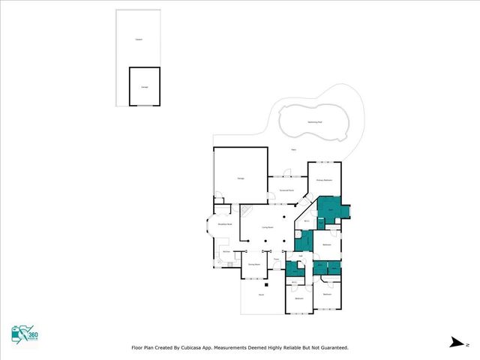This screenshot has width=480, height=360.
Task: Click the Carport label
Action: [x=139, y=39]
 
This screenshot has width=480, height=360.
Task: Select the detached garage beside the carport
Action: [x=144, y=86]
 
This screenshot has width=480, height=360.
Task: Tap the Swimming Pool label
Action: [x=316, y=121]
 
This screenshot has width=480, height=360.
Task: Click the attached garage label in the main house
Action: [x=241, y=178]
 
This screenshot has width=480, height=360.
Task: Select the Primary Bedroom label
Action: [x=324, y=181]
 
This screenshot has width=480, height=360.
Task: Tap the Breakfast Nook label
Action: [x=223, y=224]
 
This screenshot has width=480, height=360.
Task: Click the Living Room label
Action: [x=266, y=227]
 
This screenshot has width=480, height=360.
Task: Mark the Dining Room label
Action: [x=254, y=264]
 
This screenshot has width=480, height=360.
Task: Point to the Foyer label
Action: [x=276, y=259]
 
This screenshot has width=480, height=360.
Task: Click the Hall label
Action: [x=300, y=256]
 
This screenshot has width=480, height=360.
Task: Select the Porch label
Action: [x=260, y=296]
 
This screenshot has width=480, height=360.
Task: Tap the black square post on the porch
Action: [x=266, y=285]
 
